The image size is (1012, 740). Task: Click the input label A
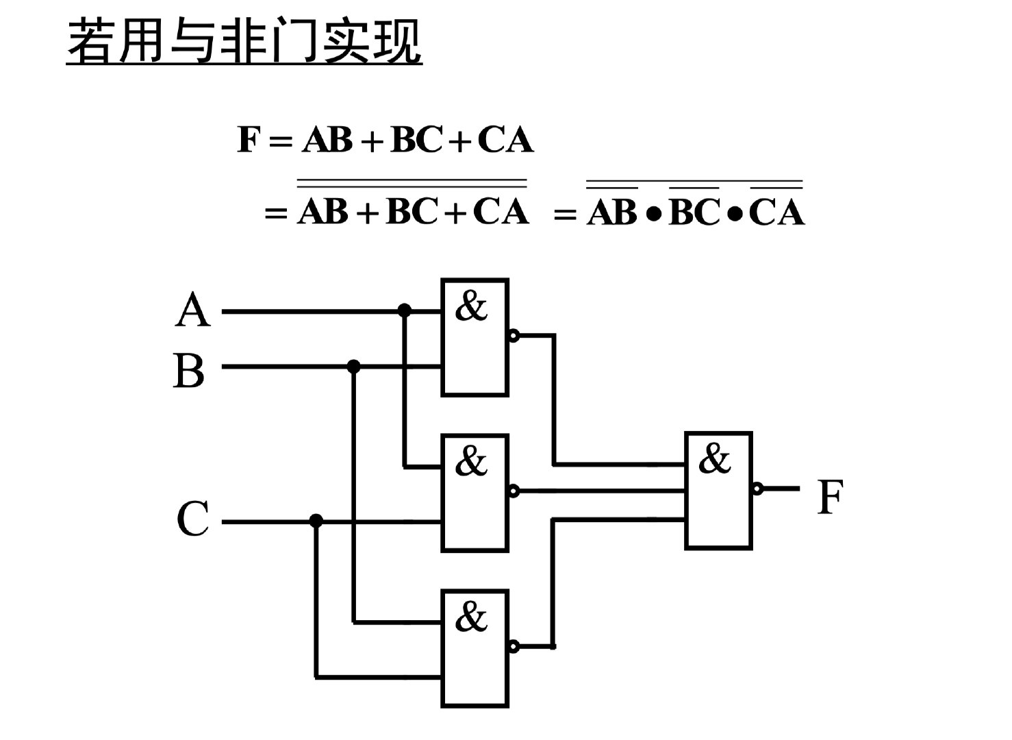click(192, 310)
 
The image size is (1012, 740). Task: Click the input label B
click(190, 370)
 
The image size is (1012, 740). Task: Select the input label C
click(192, 519)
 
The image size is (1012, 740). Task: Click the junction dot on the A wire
click(405, 311)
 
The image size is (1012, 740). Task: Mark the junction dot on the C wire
click(316, 521)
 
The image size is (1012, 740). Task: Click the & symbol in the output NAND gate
click(715, 458)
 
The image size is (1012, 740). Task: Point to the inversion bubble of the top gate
click(514, 336)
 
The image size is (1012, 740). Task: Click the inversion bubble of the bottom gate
click(514, 646)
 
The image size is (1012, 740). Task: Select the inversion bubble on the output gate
click(757, 489)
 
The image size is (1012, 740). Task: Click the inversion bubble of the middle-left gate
click(514, 491)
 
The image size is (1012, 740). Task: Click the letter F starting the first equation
click(248, 140)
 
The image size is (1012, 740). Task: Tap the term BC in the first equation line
click(416, 140)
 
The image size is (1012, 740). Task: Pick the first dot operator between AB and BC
click(653, 214)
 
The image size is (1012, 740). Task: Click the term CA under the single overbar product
click(776, 212)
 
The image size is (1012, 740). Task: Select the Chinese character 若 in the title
click(92, 42)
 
